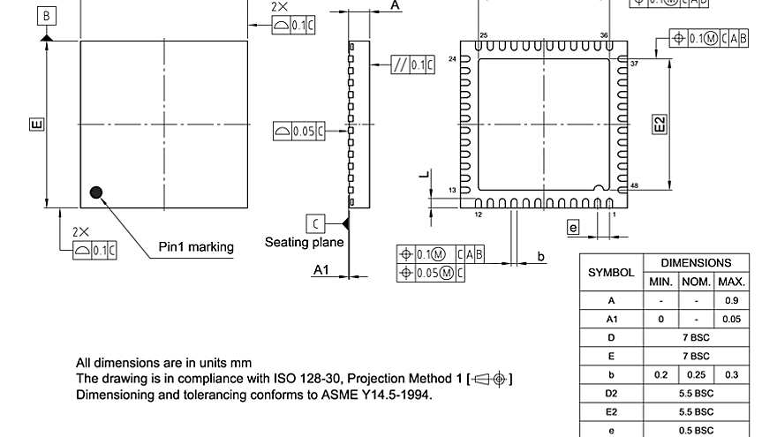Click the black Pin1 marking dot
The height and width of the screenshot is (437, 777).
(96, 192)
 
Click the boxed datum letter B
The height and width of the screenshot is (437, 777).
(47, 15)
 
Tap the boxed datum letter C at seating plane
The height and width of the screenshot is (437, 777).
(315, 222)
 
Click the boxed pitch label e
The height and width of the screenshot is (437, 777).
(573, 228)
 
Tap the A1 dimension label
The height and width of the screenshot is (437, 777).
(321, 270)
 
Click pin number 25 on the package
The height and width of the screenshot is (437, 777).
(483, 34)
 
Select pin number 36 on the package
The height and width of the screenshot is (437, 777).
(604, 34)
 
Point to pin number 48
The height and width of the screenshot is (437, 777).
(634, 186)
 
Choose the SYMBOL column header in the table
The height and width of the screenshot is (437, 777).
(611, 272)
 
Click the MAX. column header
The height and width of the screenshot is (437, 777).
(732, 282)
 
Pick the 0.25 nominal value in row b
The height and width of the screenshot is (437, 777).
(697, 374)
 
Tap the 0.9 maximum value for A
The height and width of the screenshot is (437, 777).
(732, 300)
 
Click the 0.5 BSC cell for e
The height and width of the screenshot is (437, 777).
(697, 430)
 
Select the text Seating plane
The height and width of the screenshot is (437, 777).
(305, 242)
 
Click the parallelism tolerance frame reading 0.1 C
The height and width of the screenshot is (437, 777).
(412, 64)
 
